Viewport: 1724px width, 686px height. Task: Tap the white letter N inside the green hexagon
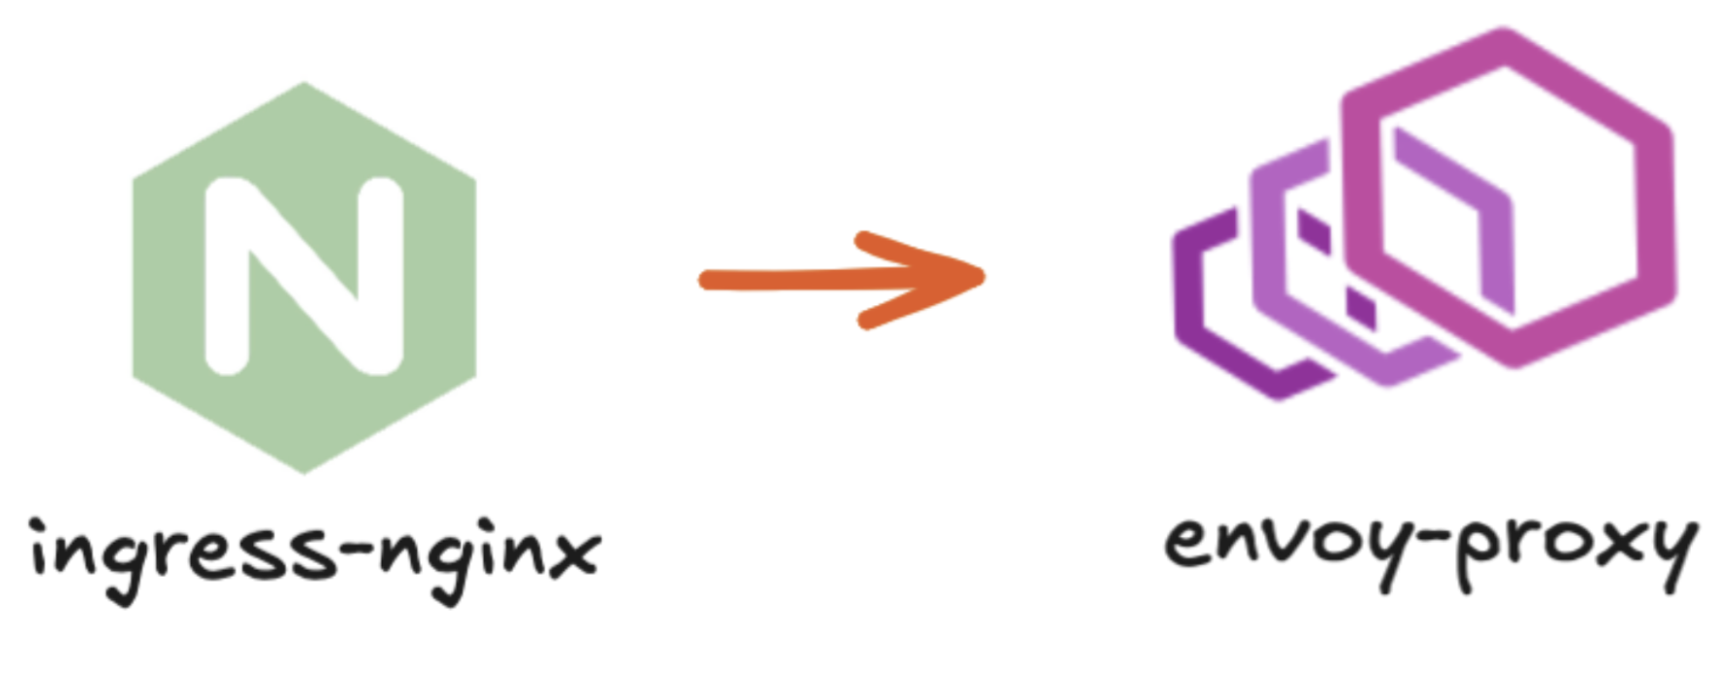[304, 277]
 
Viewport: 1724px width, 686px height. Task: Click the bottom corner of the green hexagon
[304, 471]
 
